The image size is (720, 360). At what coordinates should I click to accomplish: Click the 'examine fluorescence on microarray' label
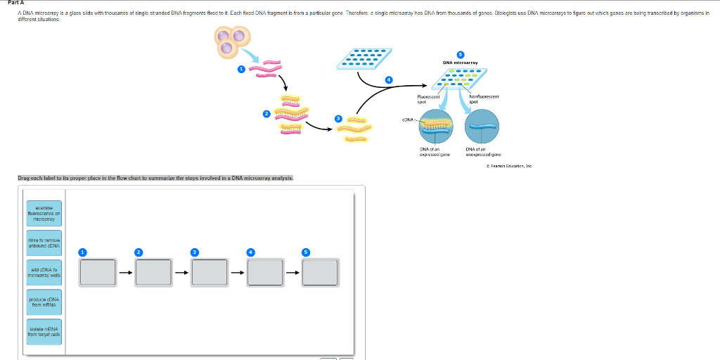(x=44, y=213)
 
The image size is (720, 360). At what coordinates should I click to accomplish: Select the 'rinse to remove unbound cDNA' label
(x=44, y=243)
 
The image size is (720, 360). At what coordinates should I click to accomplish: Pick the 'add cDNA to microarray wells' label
(x=44, y=272)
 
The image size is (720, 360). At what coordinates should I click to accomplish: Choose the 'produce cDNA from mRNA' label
(x=44, y=302)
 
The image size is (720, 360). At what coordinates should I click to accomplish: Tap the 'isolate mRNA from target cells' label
(x=44, y=331)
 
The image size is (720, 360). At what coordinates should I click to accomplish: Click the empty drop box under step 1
(x=98, y=273)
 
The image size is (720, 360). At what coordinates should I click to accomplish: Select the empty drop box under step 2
(x=153, y=273)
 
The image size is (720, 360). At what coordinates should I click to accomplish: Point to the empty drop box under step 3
(x=209, y=273)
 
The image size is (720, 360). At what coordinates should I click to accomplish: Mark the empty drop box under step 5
(x=320, y=273)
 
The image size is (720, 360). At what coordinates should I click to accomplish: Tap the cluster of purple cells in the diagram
(x=233, y=42)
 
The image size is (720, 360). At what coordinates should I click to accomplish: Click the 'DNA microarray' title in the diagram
(x=461, y=63)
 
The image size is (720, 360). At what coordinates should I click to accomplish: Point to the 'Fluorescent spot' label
(x=428, y=99)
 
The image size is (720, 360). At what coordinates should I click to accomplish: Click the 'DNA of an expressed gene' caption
(x=430, y=152)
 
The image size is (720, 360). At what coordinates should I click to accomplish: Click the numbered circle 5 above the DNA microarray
(x=461, y=53)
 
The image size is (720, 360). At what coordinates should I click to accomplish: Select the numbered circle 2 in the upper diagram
(x=266, y=113)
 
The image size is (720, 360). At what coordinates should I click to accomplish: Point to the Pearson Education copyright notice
(x=509, y=166)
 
